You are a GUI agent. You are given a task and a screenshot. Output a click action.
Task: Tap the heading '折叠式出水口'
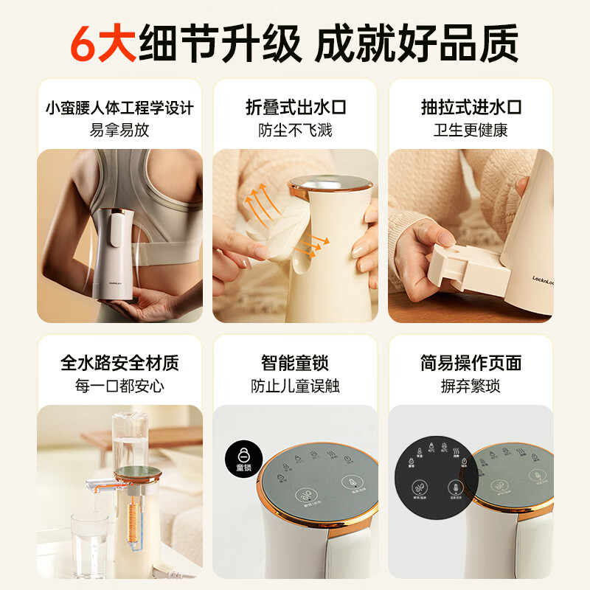coord(295,107)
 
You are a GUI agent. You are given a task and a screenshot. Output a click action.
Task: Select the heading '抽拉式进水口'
coord(471,107)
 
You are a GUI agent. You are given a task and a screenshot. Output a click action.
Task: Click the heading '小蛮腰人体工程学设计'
coord(119,107)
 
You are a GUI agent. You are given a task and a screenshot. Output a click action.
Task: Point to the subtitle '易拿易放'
coord(119,131)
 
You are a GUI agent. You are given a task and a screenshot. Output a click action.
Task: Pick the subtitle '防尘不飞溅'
coord(295,131)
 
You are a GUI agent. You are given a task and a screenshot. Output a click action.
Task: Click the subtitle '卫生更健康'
coord(471,131)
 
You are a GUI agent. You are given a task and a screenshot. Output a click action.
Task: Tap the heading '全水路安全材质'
coord(119,363)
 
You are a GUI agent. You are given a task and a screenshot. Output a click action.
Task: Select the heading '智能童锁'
coord(295,363)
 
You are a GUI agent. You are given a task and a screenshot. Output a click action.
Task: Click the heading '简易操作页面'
coord(471,363)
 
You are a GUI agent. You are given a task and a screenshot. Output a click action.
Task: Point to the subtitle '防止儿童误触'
coord(295,386)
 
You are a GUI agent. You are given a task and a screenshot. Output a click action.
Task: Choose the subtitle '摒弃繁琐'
coord(471,386)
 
